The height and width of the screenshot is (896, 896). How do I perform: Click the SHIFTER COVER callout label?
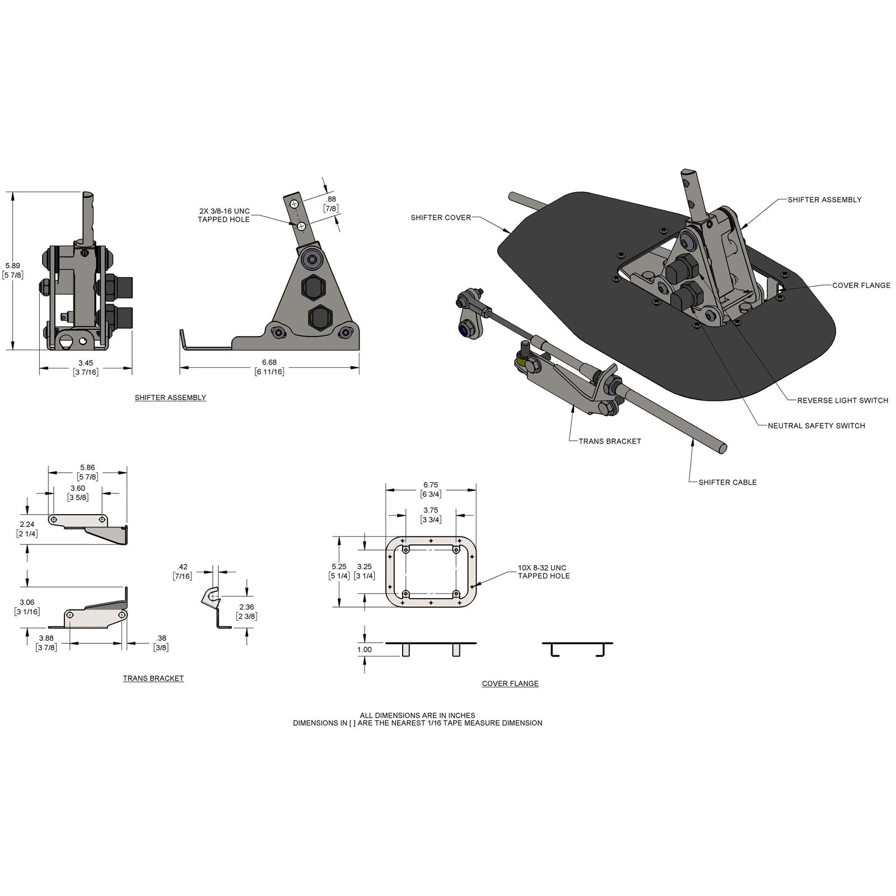pyautogui.click(x=441, y=217)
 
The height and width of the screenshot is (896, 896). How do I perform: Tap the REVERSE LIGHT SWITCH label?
pyautogui.click(x=842, y=400)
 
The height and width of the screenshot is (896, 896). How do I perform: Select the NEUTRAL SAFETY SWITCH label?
pyautogui.click(x=816, y=426)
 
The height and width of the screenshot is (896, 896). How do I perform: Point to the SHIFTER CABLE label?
pyautogui.click(x=727, y=482)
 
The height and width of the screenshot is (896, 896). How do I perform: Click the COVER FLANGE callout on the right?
pyautogui.click(x=861, y=286)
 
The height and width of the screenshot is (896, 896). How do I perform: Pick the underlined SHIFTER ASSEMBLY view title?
pyautogui.click(x=170, y=398)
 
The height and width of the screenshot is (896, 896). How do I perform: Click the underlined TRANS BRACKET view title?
pyautogui.click(x=153, y=678)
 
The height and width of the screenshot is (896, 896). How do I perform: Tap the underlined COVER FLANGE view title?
pyautogui.click(x=510, y=683)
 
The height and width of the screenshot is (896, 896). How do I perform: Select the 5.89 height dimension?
pyautogui.click(x=12, y=265)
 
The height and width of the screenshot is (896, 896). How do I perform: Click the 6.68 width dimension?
pyautogui.click(x=269, y=362)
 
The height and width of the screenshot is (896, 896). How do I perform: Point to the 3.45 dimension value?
pyautogui.click(x=85, y=363)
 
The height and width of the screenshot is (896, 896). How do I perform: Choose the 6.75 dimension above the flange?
pyautogui.click(x=431, y=485)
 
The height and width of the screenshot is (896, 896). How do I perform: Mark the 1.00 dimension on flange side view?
pyautogui.click(x=365, y=650)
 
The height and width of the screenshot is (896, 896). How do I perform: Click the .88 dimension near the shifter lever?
pyautogui.click(x=331, y=199)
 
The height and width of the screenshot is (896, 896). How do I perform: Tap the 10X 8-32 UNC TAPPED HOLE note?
pyautogui.click(x=543, y=572)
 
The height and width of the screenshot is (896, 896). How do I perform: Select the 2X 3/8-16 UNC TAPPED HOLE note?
pyautogui.click(x=224, y=215)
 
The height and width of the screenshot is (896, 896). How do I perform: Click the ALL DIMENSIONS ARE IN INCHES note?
pyautogui.click(x=417, y=715)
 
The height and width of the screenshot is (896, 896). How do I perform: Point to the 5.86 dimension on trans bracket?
pyautogui.click(x=87, y=467)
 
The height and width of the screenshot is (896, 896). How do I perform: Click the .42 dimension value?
pyautogui.click(x=182, y=567)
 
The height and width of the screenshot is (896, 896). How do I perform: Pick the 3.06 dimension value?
pyautogui.click(x=27, y=603)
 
